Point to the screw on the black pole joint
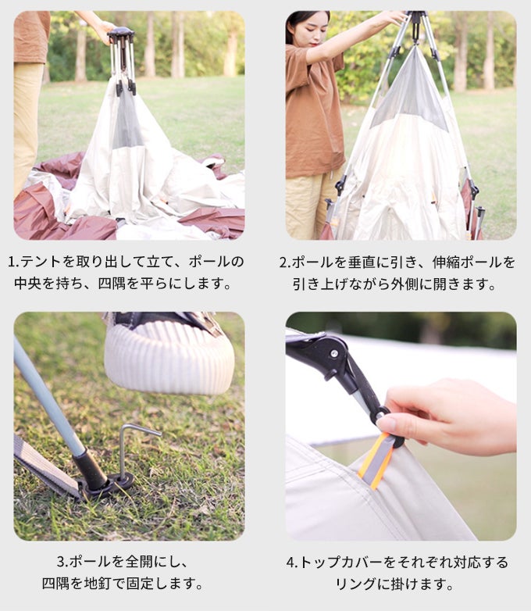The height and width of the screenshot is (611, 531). (x=334, y=354)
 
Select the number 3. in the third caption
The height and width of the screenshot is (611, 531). (x=62, y=562)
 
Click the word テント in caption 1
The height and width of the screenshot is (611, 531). (x=40, y=262)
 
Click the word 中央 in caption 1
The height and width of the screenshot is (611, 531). (x=28, y=284)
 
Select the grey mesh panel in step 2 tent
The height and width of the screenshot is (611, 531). (x=411, y=95)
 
